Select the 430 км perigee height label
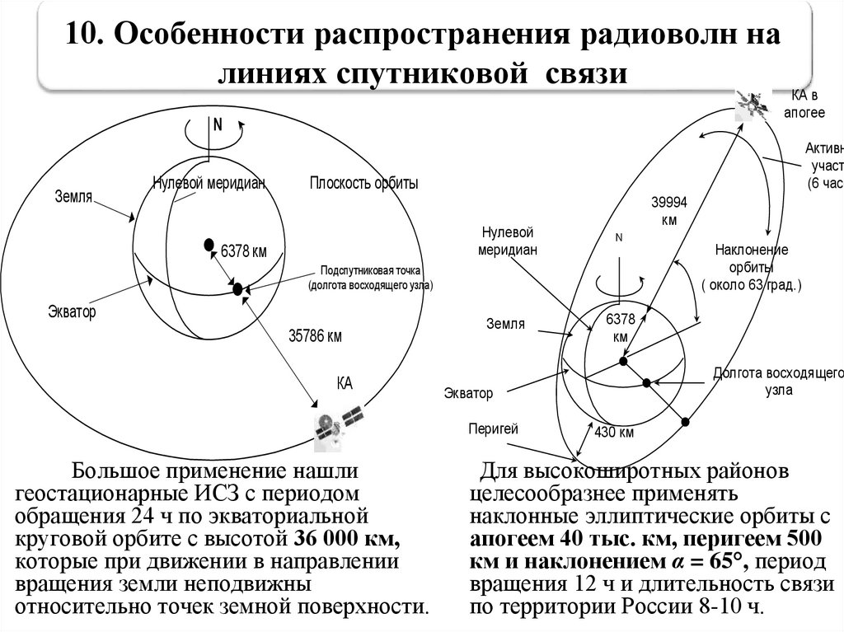[x=614, y=433]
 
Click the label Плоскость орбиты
[x=363, y=184]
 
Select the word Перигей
[x=492, y=428]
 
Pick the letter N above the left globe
[x=218, y=125]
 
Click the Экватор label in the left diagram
[x=72, y=312]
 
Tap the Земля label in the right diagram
[x=504, y=324]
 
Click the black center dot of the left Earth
[x=209, y=244]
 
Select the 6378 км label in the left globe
[x=244, y=252]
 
